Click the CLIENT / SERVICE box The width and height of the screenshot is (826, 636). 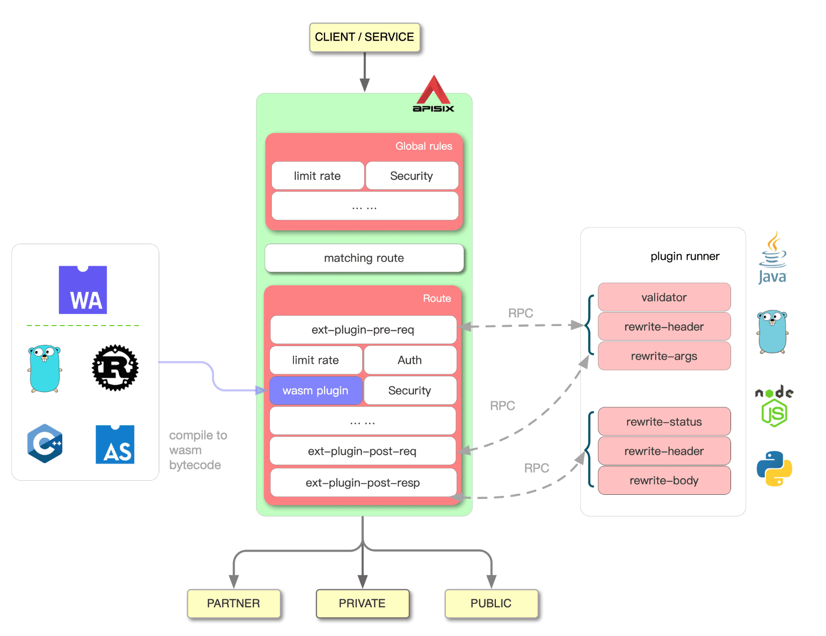(x=364, y=37)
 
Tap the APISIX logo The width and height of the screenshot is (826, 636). (x=433, y=94)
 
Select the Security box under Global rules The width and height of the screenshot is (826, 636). (x=411, y=176)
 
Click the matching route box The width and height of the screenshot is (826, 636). (x=364, y=258)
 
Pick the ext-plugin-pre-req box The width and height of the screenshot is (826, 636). (x=363, y=330)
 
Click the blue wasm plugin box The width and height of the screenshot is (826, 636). (x=316, y=391)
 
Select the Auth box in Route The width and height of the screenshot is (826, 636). (x=409, y=360)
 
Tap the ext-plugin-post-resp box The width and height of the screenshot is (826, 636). (x=363, y=483)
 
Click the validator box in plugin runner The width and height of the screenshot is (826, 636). (x=664, y=297)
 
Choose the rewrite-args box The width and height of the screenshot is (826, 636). (x=664, y=356)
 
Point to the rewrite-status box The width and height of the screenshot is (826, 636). (x=664, y=422)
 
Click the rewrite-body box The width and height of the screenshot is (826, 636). (x=664, y=481)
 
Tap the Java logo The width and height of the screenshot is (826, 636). (x=772, y=258)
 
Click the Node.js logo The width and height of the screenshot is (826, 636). (x=774, y=406)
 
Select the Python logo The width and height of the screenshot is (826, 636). (x=774, y=468)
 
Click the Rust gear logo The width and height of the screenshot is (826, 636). (x=115, y=368)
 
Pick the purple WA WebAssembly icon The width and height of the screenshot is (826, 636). (x=83, y=290)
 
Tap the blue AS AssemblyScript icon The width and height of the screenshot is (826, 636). (x=115, y=445)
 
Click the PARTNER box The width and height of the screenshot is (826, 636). (x=234, y=603)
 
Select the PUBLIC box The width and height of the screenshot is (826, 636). (x=491, y=603)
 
